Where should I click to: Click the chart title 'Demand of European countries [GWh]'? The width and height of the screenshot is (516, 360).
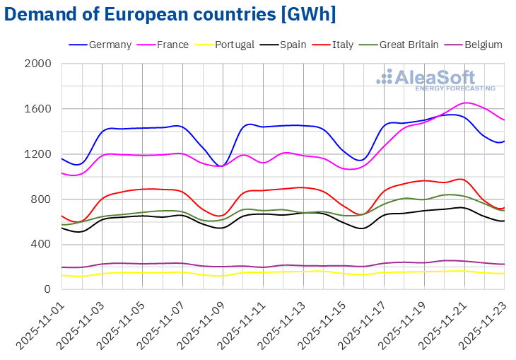coord(170,14)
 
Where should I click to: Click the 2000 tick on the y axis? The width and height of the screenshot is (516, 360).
coord(39,64)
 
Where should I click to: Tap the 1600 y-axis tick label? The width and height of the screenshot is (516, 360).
coord(39,109)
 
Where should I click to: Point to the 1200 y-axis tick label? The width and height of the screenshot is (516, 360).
coord(39,154)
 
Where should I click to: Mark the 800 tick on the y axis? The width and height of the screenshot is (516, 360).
coord(42,199)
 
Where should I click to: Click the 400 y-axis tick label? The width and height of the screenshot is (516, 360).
coord(42,245)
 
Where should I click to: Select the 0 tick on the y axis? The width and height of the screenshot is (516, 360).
coord(48,289)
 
